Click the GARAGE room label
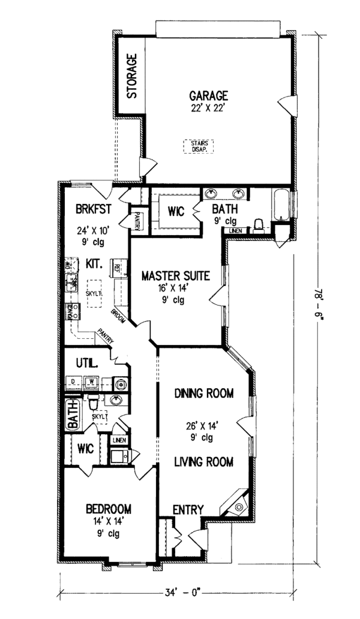pos(208,95)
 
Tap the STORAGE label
pos(131,76)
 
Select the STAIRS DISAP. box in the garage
pos(199,147)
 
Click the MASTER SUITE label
pos(175,276)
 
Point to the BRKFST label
pos(92,209)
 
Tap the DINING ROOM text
pos(203,393)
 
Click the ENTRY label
pos(188,509)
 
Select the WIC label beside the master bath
pos(176,211)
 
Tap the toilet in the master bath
pos(259,224)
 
